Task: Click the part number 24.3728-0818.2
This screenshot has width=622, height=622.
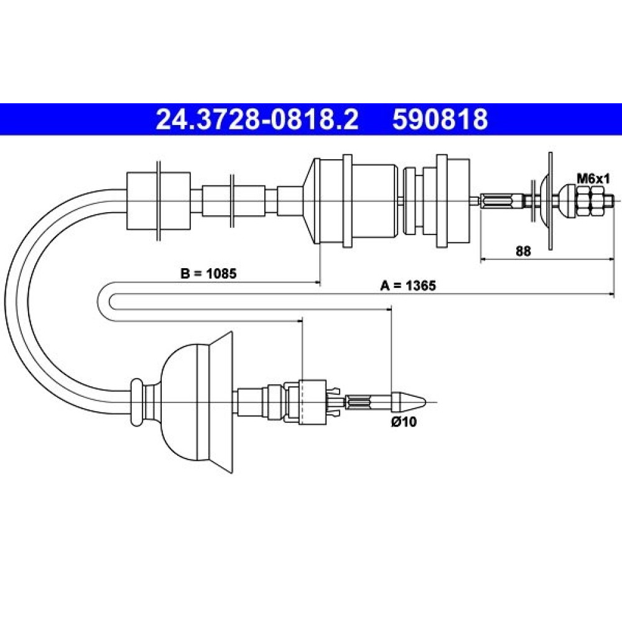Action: point(257,119)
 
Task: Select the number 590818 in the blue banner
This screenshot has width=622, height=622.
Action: point(440,119)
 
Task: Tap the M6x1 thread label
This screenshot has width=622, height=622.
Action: point(593,179)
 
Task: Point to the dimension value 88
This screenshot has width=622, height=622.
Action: point(523,251)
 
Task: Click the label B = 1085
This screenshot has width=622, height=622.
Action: point(208,273)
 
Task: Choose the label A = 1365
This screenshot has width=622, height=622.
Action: point(408,285)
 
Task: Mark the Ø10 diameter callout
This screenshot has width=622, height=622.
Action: point(404,422)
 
